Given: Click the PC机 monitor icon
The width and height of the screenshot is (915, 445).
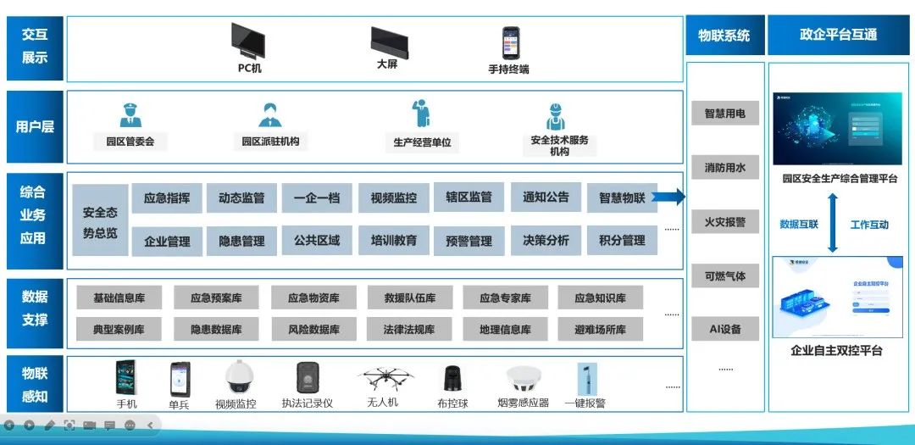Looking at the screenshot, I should (x=247, y=40).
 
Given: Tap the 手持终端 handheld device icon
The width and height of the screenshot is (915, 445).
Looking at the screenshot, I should (x=510, y=42).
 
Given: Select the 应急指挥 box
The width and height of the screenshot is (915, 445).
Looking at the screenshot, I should (x=167, y=198).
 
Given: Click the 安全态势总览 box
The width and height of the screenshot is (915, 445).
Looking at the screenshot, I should (x=100, y=220).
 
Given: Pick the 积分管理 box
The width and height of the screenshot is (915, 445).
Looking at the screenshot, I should (x=622, y=241).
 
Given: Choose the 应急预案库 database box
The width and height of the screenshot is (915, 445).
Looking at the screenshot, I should (x=216, y=298).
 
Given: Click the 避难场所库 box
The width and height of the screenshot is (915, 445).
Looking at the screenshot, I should (x=600, y=329).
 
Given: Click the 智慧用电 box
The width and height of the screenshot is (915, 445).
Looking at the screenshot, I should (x=724, y=114).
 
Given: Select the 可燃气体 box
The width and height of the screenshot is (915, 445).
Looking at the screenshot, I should (x=724, y=276).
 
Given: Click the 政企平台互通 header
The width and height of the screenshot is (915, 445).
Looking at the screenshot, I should (x=838, y=35).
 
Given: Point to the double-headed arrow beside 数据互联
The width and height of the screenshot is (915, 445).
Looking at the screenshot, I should (x=833, y=223).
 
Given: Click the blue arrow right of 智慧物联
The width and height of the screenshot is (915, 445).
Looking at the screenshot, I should (x=669, y=198).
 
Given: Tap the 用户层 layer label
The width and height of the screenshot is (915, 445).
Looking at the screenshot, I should (x=35, y=127).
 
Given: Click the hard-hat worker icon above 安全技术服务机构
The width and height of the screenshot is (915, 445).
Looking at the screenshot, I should (x=556, y=117).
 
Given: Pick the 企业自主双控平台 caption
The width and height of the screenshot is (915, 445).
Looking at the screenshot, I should (x=836, y=350).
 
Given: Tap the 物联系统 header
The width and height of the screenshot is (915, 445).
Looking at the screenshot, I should (x=724, y=35).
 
